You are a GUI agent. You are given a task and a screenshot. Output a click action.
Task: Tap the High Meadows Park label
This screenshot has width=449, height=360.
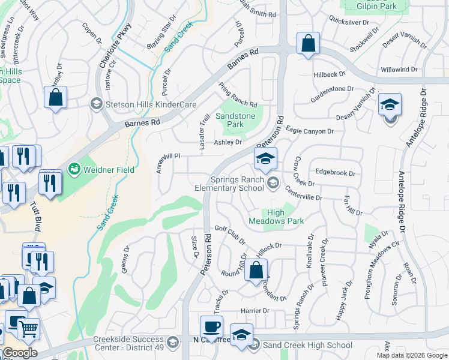(285, 217)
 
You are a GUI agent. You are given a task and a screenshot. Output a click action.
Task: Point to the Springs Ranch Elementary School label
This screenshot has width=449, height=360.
(237, 184)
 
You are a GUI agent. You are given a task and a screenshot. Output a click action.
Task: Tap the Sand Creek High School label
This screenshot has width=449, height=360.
(308, 345)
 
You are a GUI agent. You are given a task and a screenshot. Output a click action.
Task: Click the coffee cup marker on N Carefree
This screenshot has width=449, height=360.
(211, 328)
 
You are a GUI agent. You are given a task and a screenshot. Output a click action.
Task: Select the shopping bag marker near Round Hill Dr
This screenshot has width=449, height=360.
(256, 271)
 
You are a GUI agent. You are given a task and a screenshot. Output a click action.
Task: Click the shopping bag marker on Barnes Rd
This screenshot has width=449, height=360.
(308, 44)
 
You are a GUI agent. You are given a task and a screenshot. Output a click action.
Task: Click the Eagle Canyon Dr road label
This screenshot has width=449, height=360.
(309, 131)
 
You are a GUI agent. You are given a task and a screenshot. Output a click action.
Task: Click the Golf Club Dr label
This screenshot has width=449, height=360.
(230, 235)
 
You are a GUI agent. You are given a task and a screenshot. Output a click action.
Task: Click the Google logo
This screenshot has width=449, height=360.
(19, 352)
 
